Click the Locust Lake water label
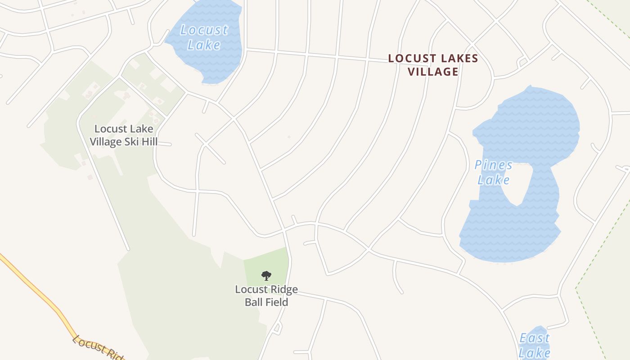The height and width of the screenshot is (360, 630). [x=204, y=37]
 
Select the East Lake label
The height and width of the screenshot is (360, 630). [x=535, y=345]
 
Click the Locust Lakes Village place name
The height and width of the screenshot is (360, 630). [x=433, y=65]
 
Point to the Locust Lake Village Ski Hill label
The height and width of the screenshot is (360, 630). [x=123, y=135]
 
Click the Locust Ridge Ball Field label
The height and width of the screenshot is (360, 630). [x=266, y=296]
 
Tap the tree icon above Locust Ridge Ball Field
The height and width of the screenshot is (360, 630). [x=266, y=275]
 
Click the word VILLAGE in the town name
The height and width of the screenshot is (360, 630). [x=433, y=72]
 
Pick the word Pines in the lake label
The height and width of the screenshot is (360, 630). [x=494, y=165]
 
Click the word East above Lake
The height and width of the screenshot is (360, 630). [x=535, y=338]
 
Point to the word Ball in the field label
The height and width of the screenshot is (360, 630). [x=254, y=302]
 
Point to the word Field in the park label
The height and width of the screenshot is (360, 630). [x=277, y=302]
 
